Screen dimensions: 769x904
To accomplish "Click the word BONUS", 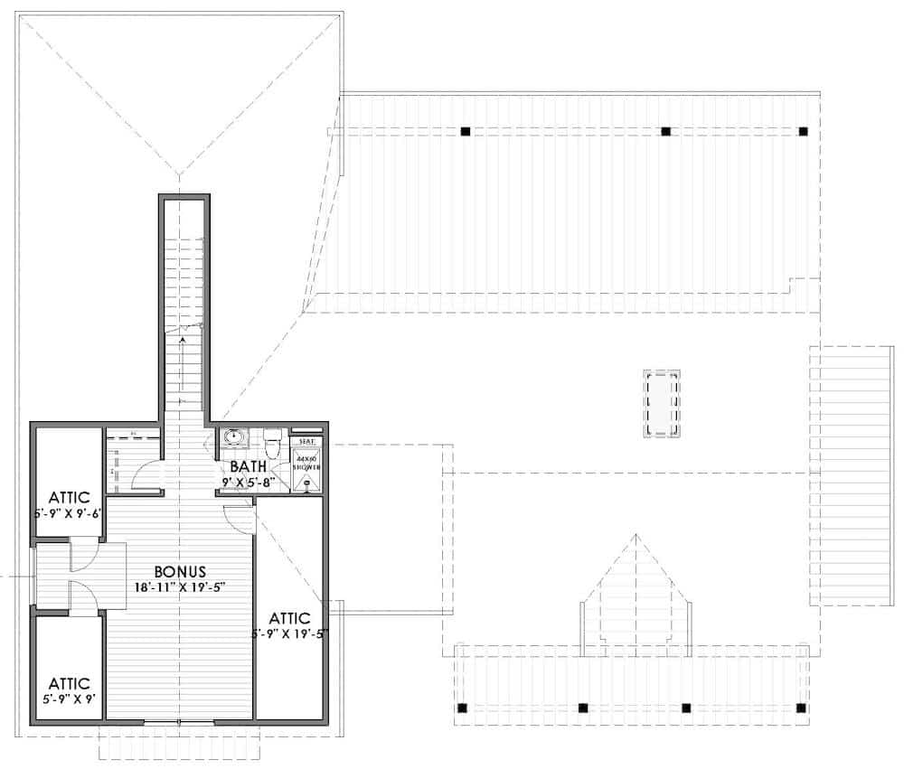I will point(180,571).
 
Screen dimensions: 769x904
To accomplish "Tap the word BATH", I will point(248,467).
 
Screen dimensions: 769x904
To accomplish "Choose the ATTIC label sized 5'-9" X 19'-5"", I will point(289,618).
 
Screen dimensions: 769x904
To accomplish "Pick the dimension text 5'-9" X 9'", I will point(69,698).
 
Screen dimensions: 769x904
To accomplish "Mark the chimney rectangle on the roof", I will point(662,403).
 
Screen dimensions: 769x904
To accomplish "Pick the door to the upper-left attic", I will point(83,554).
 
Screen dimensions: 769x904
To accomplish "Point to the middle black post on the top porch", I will point(665,131).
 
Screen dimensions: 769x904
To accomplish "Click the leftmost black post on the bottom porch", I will point(463,707).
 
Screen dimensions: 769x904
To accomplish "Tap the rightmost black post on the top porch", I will point(803,131).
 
